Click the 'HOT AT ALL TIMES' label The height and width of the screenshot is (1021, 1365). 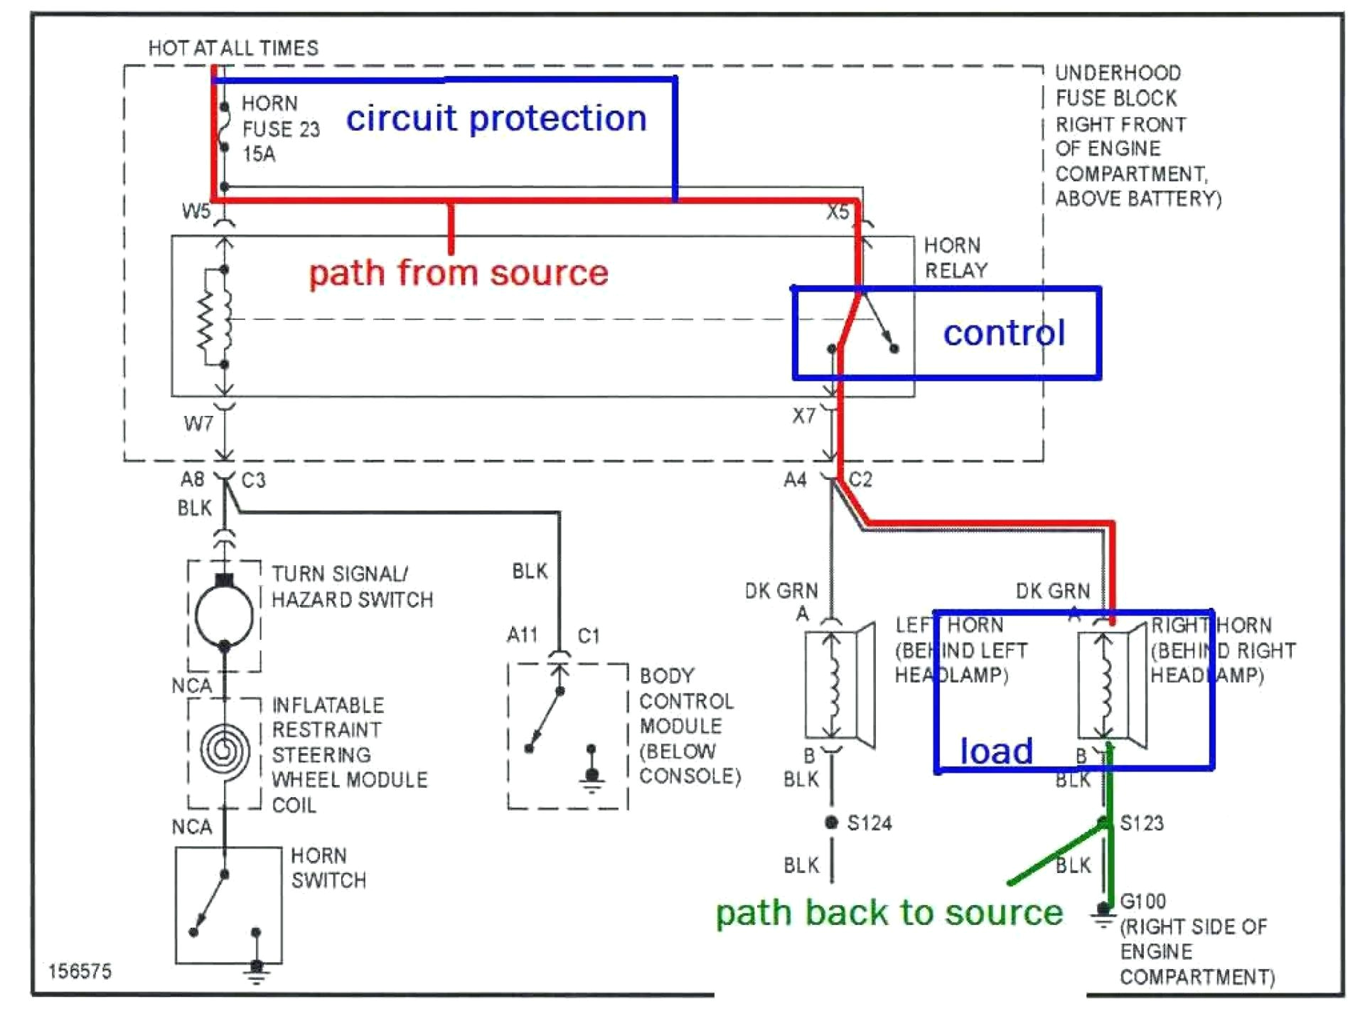tap(233, 48)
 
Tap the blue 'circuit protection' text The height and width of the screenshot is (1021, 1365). tap(496, 118)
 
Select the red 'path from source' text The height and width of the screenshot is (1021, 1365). tap(459, 273)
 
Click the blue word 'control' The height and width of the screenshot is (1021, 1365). tap(1003, 333)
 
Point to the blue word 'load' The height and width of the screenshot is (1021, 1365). tap(995, 751)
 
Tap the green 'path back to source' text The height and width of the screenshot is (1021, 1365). tap(889, 912)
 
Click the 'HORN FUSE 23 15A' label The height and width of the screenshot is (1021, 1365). tap(280, 129)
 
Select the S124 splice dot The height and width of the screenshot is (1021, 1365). tap(831, 823)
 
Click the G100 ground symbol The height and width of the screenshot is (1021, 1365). tap(1103, 914)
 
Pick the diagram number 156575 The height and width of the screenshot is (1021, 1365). tap(80, 971)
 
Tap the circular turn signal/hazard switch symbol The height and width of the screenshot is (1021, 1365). tap(224, 616)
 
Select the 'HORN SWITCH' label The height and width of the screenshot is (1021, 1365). tap(328, 867)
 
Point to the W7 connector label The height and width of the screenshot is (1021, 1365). tap(198, 424)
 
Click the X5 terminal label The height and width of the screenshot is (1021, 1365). tap(837, 212)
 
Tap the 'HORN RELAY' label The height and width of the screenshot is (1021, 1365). tap(955, 257)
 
